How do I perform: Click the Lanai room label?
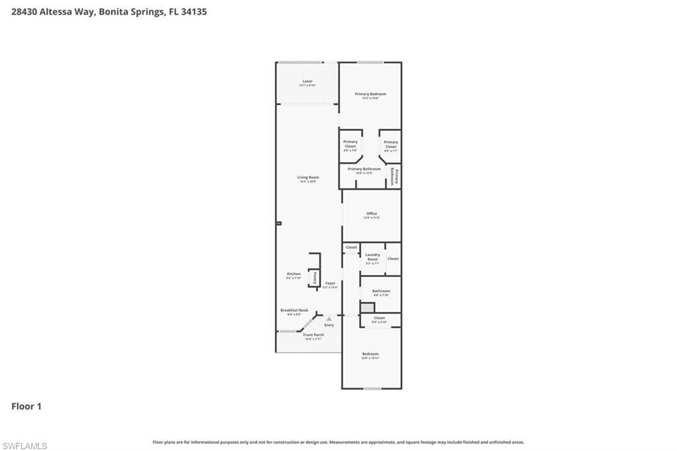pos(307,83)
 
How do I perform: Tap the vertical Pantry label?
pos(315,278)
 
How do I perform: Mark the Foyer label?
pos(330,284)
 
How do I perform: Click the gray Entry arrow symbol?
pos(329,319)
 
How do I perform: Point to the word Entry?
pos(329,325)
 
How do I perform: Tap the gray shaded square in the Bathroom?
pos(368,308)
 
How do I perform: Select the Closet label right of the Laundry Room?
pos(393,259)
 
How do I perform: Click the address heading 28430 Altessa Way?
pos(109,11)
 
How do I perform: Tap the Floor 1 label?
pos(26,406)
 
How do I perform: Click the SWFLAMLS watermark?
pos(24,446)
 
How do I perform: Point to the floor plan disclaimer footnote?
pos(338,442)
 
